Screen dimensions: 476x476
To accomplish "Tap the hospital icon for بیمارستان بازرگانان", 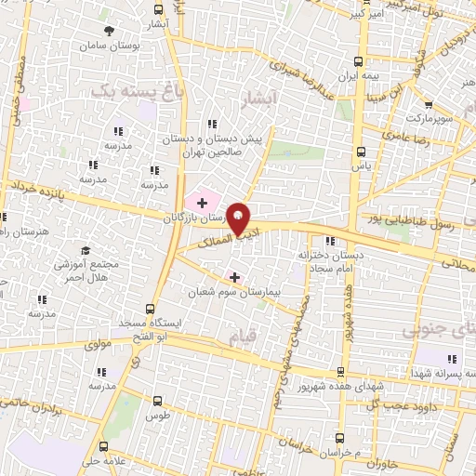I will pyautogui.click(x=202, y=202).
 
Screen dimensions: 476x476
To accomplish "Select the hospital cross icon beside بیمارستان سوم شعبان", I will pyautogui.click(x=234, y=276).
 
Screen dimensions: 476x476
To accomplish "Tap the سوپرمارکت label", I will pyautogui.click(x=429, y=119).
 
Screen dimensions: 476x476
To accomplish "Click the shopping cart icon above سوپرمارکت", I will pyautogui.click(x=428, y=105).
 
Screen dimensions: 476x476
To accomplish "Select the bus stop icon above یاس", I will pyautogui.click(x=362, y=151).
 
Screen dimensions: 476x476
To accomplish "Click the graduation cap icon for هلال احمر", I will pyautogui.click(x=86, y=250).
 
